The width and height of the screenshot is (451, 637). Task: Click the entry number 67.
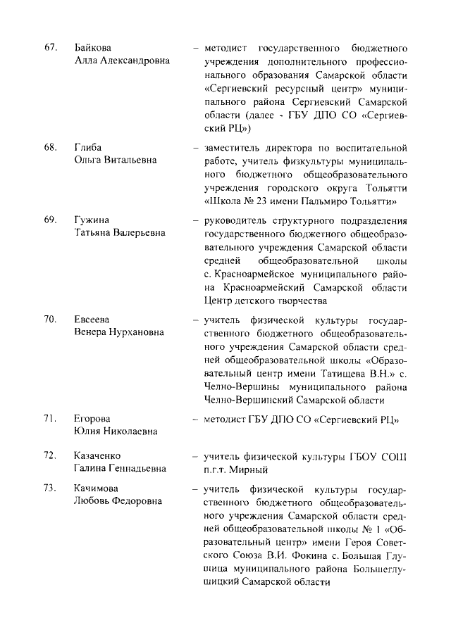pos(50,48)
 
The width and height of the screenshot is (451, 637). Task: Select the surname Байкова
pos(92,48)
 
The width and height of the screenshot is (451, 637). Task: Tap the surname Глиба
pos(88,148)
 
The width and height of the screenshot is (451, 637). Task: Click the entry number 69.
pos(50,220)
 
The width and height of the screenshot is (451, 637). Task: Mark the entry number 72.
pos(50,455)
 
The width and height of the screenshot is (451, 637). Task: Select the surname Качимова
pos(97,488)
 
